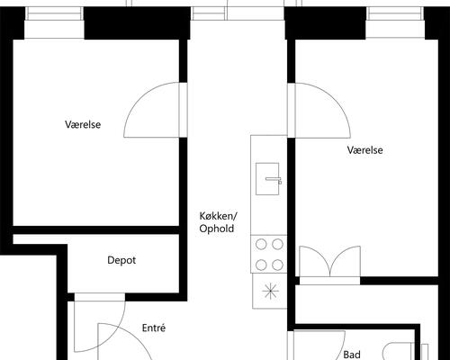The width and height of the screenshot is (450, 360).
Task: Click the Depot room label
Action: tap(121, 260)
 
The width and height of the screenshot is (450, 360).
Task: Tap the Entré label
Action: tap(154, 328)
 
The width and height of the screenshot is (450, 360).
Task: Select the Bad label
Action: tap(352, 355)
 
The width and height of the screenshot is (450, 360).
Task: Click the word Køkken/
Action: tap(219, 216)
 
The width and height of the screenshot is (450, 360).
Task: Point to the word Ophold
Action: tap(217, 229)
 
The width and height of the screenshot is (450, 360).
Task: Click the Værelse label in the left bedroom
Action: tap(83, 124)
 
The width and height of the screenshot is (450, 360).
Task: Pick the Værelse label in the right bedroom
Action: tap(365, 150)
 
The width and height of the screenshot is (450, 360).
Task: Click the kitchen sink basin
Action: tap(267, 179)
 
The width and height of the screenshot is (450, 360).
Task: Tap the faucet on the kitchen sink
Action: tap(274, 180)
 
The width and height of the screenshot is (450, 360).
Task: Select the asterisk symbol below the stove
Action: tap(270, 291)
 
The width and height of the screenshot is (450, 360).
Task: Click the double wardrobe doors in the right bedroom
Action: tap(330, 261)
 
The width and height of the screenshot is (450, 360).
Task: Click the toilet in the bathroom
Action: tap(399, 351)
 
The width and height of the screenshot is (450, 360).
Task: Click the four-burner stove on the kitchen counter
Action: tap(269, 255)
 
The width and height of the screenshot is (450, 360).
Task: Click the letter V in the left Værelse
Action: tap(68, 124)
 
